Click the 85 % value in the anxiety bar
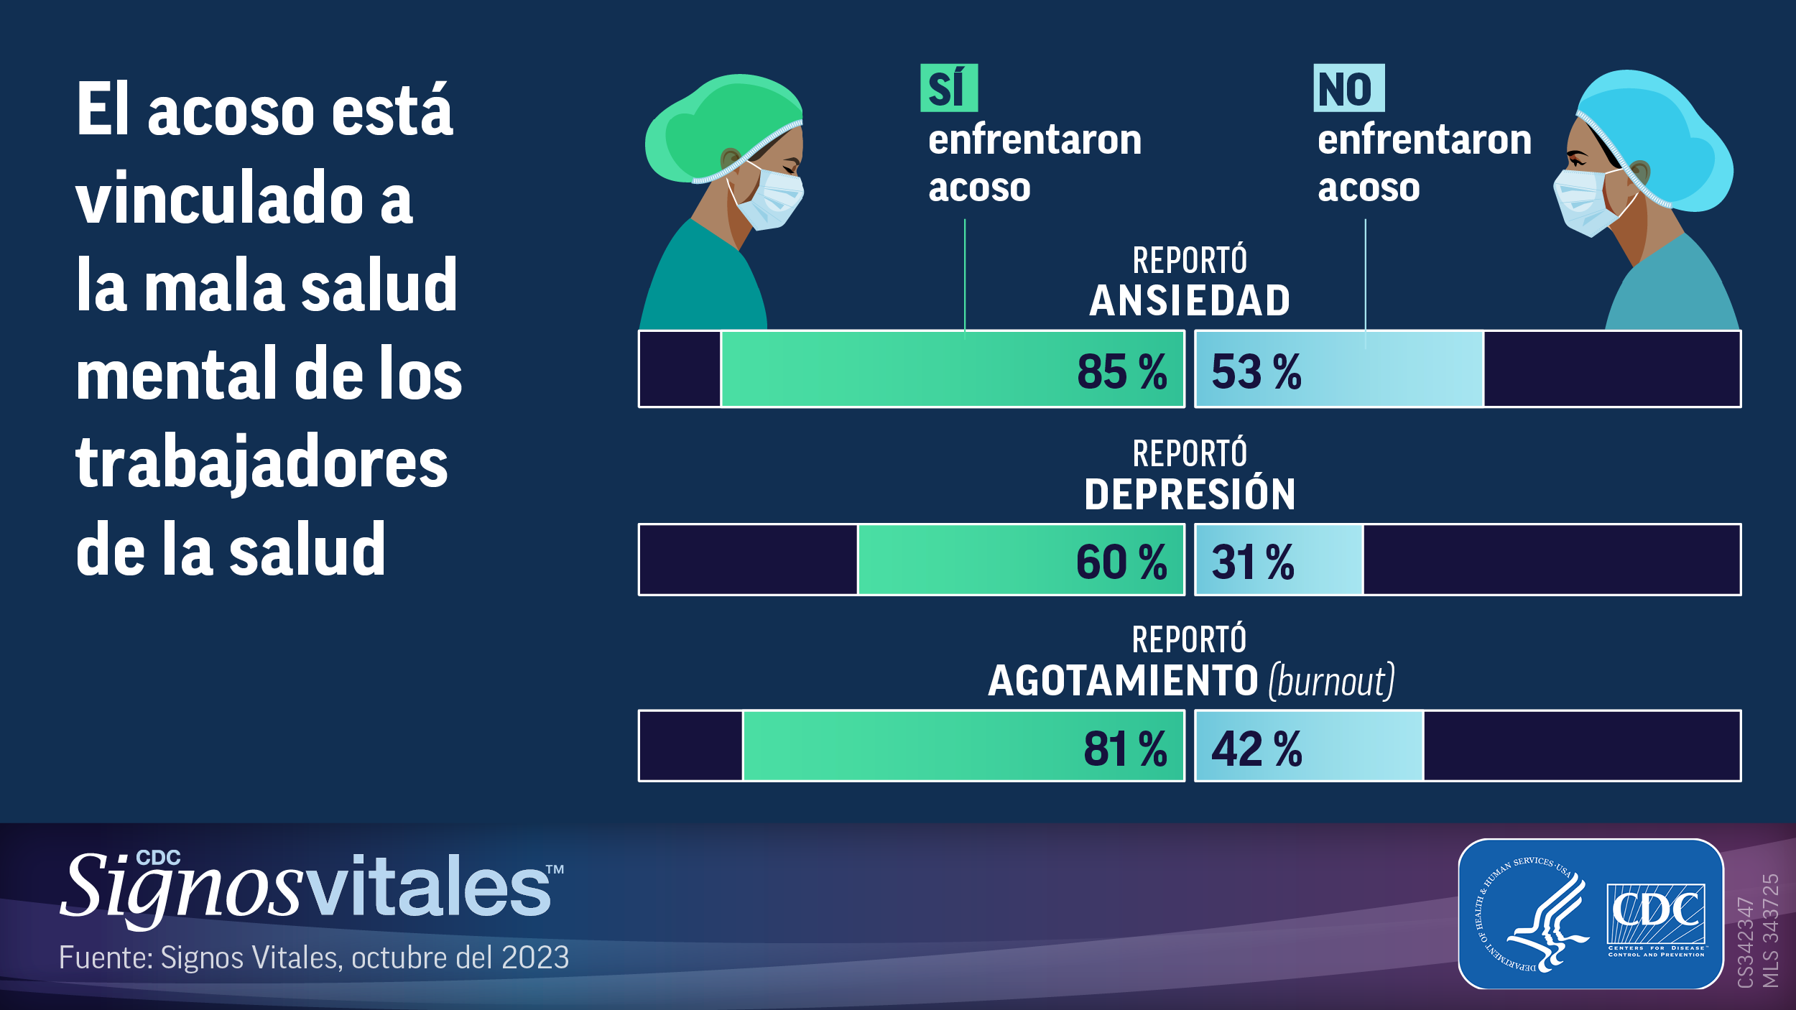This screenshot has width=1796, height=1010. (1121, 372)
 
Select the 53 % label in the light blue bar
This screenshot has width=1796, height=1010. (1256, 372)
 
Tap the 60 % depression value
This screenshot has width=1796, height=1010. (1121, 562)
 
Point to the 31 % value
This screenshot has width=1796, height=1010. (1252, 562)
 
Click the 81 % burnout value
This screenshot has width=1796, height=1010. (1124, 749)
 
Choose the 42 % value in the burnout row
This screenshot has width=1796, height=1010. (1256, 749)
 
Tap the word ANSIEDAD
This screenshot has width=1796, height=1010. (1190, 300)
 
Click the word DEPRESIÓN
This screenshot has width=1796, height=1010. (1190, 494)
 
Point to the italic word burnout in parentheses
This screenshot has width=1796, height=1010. (1331, 681)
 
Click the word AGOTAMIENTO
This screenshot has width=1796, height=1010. (1123, 680)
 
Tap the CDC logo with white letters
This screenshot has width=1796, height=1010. (1656, 914)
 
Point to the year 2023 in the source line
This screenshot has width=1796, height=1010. (534, 958)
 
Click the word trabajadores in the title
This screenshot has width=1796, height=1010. (261, 463)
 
